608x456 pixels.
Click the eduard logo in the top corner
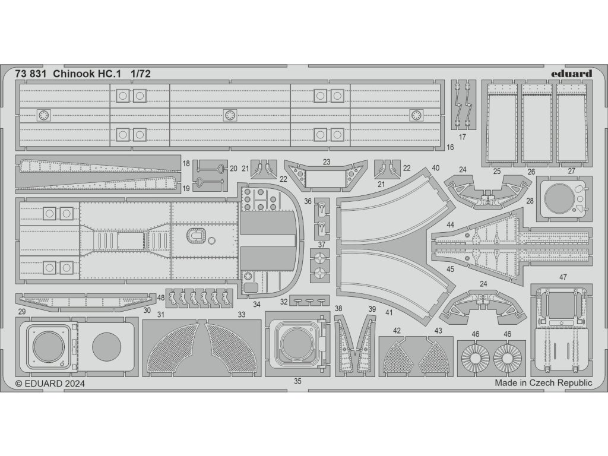tap(571, 74)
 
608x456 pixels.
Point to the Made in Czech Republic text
tap(543, 383)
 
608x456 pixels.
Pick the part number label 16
tap(450, 147)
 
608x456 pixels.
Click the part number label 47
tap(563, 277)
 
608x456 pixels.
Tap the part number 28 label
tap(530, 201)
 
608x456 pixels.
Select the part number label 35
tap(297, 382)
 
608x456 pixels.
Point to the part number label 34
tap(256, 305)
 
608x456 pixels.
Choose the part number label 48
tap(161, 297)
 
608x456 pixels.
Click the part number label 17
tap(463, 137)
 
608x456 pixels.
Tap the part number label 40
tap(436, 168)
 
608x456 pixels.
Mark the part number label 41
tap(389, 311)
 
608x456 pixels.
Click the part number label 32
tap(284, 301)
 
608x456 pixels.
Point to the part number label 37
tap(321, 245)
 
